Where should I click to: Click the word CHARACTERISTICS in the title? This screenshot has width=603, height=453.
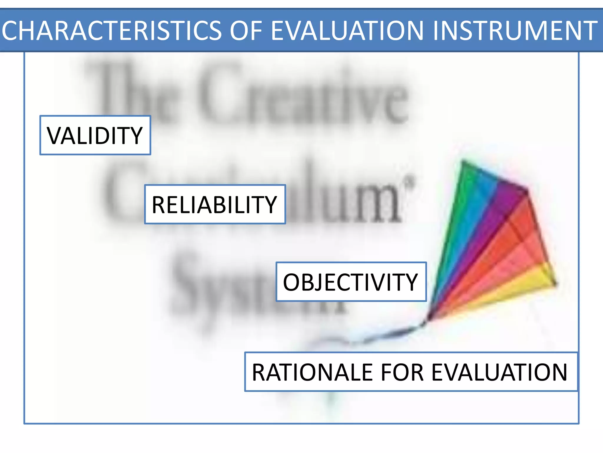(111, 31)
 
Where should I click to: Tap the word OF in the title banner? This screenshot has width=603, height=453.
(246, 31)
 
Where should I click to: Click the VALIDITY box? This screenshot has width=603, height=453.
(95, 135)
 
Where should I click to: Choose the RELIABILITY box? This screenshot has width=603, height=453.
(215, 204)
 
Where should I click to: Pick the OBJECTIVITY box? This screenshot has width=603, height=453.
(351, 282)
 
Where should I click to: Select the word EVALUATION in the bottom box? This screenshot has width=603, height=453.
(499, 372)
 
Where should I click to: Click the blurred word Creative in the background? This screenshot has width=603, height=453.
(303, 94)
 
